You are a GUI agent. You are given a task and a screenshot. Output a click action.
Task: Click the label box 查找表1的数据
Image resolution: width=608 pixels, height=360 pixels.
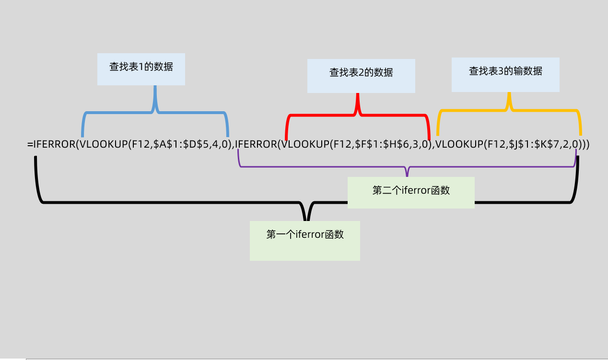point(141,69)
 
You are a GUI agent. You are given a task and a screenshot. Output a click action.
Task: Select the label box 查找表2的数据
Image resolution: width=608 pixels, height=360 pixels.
point(361,76)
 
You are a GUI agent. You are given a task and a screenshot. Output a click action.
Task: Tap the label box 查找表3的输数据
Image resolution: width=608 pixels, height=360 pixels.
point(505,74)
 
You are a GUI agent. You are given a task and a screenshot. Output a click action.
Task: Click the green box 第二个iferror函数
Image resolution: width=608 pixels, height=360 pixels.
point(411,192)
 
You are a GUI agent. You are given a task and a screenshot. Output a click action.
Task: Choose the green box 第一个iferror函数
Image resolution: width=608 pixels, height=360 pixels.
point(305,240)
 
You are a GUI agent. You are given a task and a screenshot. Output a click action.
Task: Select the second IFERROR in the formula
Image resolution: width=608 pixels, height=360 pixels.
point(256,144)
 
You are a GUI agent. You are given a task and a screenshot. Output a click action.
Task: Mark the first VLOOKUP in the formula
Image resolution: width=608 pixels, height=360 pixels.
point(102,144)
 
